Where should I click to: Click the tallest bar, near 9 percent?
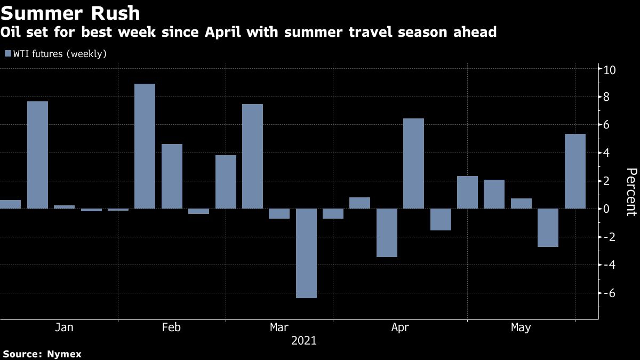(145, 146)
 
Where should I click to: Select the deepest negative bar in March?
(306, 253)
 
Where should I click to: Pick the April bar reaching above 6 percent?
(413, 163)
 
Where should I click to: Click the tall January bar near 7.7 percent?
(37, 155)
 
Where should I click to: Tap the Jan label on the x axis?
(64, 327)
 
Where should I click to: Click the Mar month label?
(279, 327)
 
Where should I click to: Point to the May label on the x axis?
(521, 327)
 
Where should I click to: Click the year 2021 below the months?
(303, 340)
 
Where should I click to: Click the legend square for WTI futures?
(7, 54)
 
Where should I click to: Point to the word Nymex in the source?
(64, 354)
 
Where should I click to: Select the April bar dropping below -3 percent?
(387, 233)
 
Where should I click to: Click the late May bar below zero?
(548, 228)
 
